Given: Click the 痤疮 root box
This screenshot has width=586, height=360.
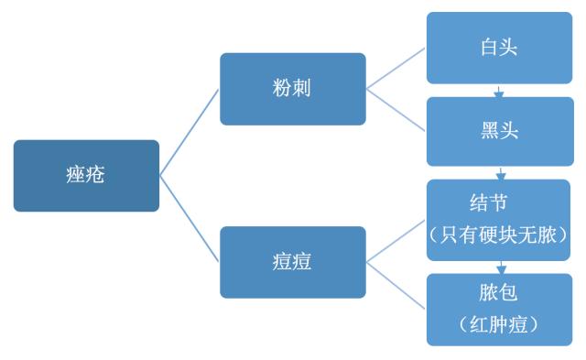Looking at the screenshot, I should pos(86,175).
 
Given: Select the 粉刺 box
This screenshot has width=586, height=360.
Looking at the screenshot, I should pos(292,89).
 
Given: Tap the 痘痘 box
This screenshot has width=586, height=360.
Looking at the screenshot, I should pos(292,262).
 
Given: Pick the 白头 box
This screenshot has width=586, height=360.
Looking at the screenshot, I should pos(499,48).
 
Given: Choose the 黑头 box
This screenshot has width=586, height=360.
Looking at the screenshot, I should pos(499,131).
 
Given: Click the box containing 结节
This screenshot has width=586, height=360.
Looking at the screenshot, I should pos(499,219).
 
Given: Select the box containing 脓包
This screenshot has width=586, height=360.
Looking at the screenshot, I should pos(499,309).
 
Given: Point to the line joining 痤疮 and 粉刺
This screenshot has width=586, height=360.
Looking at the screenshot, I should pos(190,132).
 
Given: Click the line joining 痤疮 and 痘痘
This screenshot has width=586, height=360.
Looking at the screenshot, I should pos(190,219).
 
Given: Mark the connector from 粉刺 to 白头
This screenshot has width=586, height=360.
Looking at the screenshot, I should pos(396,69).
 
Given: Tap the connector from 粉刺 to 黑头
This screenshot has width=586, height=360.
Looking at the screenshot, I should pos(396,110).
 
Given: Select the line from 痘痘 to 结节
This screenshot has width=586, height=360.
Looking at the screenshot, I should pos(396,240).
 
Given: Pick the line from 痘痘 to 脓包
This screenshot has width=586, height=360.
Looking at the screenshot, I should pos(396,285).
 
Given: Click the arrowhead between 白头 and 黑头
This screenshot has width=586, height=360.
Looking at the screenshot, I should pos(499,93).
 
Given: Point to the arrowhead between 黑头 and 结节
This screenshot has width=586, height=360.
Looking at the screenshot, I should pos(500,174).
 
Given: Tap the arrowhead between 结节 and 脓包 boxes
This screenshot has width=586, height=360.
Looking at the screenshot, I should pos(500,268).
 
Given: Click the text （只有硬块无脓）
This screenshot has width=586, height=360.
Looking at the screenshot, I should pos(499,234).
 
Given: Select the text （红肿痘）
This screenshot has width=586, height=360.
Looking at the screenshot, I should pos(499,323).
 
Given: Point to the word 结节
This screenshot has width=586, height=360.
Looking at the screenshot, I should pos(499,202).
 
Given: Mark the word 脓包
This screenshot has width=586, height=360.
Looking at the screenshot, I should pos(499,293).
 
